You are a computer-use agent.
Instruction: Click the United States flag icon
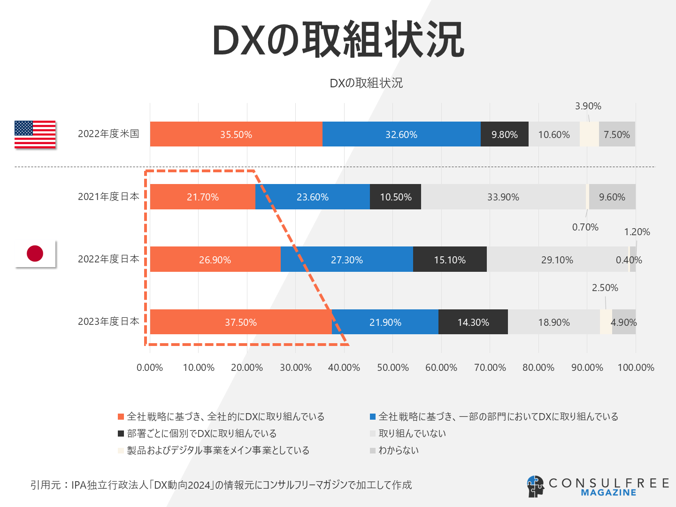(35, 134)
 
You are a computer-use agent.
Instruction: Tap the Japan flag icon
(35, 253)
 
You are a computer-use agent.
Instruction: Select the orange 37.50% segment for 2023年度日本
(240, 322)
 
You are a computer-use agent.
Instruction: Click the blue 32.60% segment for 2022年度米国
(401, 134)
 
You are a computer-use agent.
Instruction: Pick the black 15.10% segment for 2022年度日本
(450, 260)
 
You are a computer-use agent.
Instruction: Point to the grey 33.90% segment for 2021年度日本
(503, 197)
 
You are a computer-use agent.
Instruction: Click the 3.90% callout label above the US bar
(588, 106)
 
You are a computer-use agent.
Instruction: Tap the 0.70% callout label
(585, 227)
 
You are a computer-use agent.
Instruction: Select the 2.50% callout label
(605, 288)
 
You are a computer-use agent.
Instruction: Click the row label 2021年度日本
(108, 197)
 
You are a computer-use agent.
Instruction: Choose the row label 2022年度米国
(108, 134)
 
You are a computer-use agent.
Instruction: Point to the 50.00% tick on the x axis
(393, 368)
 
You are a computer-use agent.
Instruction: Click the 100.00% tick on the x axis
(636, 368)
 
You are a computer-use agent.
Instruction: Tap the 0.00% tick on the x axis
(150, 368)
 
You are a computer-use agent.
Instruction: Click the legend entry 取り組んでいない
(412, 433)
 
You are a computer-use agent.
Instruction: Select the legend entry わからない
(398, 450)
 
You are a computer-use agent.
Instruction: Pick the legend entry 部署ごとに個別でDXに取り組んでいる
(201, 433)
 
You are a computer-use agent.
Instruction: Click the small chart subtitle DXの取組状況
(366, 83)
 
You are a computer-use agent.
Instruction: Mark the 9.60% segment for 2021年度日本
(612, 197)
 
